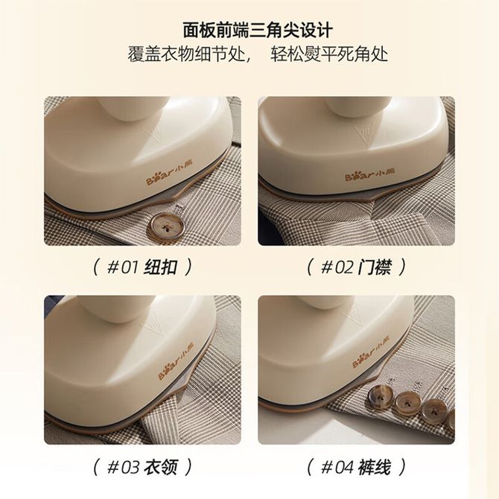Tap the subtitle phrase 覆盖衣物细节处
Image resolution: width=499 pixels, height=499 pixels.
point(188,54)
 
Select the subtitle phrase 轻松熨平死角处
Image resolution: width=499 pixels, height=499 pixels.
point(329,54)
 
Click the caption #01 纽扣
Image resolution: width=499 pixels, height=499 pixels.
point(142,267)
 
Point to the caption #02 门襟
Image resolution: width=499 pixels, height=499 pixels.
point(357,267)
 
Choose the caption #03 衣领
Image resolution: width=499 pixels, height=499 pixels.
point(142,467)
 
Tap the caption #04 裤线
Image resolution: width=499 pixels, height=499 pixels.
point(357,467)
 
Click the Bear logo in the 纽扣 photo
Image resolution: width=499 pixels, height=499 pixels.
point(170,177)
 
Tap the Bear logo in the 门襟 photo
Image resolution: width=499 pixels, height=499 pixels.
point(370,174)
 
